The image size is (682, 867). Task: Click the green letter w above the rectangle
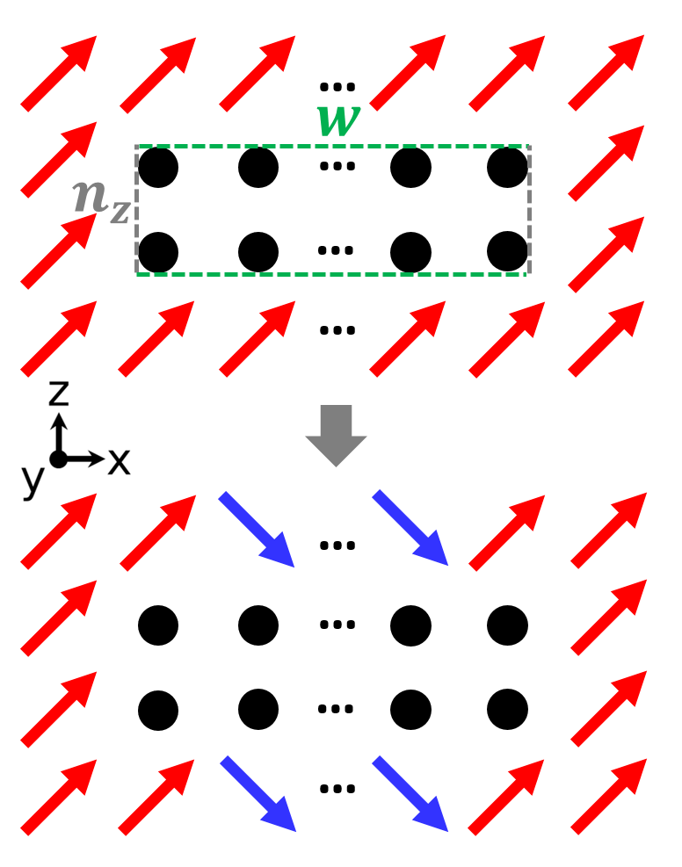click(338, 119)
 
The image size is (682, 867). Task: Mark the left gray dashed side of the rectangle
click(136, 211)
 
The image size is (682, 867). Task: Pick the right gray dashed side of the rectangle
click(529, 211)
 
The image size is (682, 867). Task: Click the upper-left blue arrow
click(257, 530)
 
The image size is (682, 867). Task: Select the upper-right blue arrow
click(410, 528)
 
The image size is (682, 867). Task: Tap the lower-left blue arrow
click(258, 794)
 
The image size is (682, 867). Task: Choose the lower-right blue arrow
click(410, 794)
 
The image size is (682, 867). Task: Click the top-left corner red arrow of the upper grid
click(59, 74)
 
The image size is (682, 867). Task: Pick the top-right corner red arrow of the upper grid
click(606, 73)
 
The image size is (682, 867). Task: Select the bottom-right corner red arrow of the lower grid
click(608, 797)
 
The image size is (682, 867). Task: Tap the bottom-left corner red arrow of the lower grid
click(59, 797)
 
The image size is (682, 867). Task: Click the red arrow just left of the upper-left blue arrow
click(158, 532)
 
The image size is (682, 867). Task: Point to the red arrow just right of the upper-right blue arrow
click(507, 532)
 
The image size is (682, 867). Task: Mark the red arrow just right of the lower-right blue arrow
click(506, 797)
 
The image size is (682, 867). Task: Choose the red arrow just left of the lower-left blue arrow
click(156, 797)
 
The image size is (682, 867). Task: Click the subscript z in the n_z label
click(120, 212)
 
